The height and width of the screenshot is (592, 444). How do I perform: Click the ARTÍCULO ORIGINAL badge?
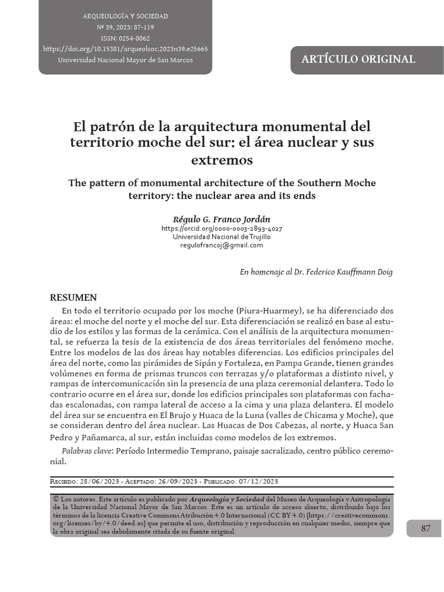point(358,59)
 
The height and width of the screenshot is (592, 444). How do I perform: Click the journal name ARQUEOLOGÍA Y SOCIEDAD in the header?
point(125,16)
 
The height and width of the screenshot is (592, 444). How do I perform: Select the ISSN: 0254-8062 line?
point(125,38)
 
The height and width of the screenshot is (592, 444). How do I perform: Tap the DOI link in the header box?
point(125,49)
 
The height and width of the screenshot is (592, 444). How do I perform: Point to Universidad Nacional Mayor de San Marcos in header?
point(125,60)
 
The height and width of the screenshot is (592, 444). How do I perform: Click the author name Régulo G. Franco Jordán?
point(221,219)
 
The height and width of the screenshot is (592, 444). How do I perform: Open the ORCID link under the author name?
point(221,228)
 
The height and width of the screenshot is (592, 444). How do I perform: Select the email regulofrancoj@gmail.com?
point(221,245)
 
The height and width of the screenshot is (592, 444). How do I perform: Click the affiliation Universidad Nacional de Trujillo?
point(221,236)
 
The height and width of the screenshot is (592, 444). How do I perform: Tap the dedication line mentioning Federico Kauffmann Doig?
point(316,272)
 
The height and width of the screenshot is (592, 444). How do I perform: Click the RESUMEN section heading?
point(73,298)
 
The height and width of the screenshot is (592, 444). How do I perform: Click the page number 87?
point(425,528)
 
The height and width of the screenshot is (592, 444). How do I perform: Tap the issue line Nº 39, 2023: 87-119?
point(125,27)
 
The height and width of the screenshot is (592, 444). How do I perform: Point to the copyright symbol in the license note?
point(56,498)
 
